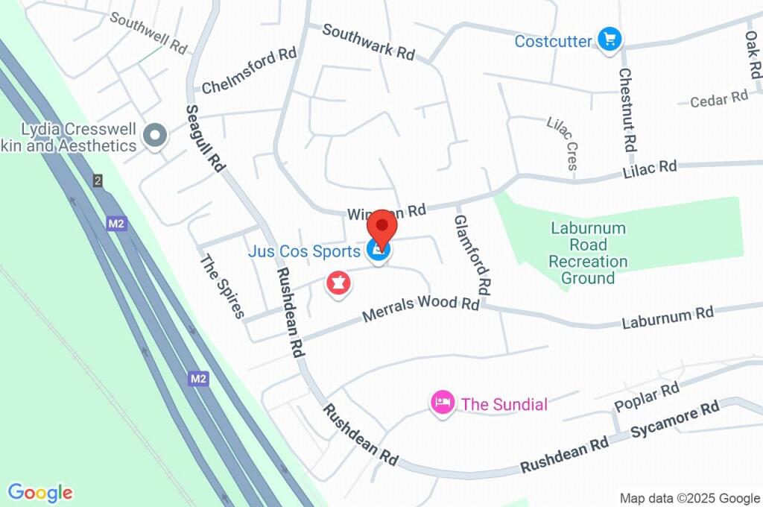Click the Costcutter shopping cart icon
click(x=610, y=40)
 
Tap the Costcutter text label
click(x=553, y=41)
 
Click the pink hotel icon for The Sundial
click(x=442, y=403)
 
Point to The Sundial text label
click(x=504, y=405)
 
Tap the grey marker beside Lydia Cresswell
click(x=156, y=136)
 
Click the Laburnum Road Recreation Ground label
click(x=588, y=253)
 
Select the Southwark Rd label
click(x=368, y=42)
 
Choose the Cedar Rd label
click(x=718, y=98)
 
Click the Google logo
click(x=40, y=493)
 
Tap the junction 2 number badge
click(x=97, y=180)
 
